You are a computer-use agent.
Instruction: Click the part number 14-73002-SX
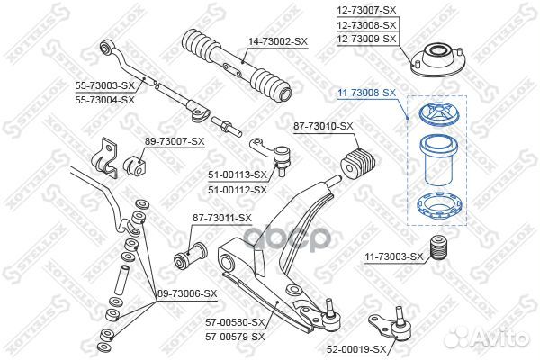pos(278,42)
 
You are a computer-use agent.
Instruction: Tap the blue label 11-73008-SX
pos(367,93)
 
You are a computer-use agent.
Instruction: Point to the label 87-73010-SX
pos(323,126)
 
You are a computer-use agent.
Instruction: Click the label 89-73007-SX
pos(175,141)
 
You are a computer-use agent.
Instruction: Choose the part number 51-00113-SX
pos(238,175)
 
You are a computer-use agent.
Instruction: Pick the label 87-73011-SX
pos(222,218)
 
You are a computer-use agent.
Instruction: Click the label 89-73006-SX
pos(187,294)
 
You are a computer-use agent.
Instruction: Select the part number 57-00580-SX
pos(235,322)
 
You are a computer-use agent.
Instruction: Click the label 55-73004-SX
pos(105,100)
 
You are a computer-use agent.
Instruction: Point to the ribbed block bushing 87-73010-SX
pos(358,164)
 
